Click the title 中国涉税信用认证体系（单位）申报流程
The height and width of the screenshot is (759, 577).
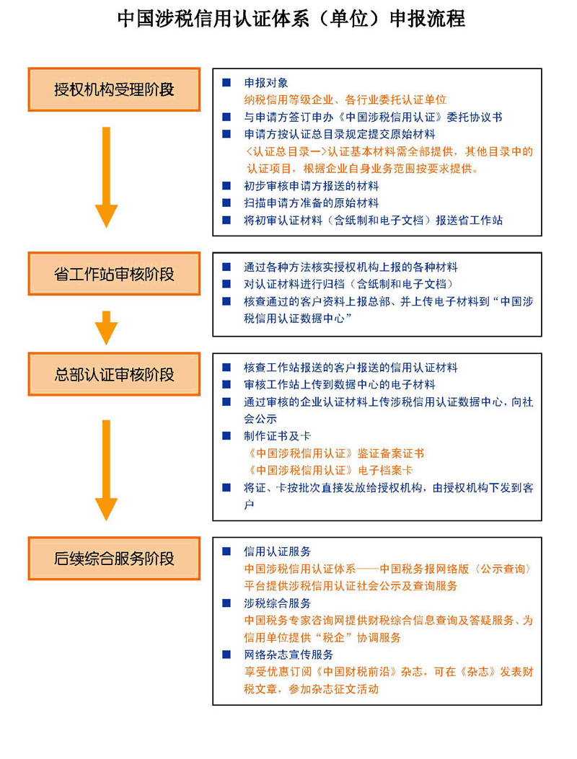[x=291, y=19]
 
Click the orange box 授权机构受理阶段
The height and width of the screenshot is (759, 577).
[x=115, y=89]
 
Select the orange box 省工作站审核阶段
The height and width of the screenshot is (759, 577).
[x=115, y=274]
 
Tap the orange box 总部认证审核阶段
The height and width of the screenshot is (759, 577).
[x=115, y=374]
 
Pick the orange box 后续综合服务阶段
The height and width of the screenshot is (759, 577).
[x=115, y=558]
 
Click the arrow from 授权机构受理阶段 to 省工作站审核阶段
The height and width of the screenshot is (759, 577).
[x=106, y=177]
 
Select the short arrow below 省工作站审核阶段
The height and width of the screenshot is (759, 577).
[x=106, y=328]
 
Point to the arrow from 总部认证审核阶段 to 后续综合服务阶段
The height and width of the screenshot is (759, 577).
[x=106, y=471]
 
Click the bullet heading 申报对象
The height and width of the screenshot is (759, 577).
[x=266, y=83]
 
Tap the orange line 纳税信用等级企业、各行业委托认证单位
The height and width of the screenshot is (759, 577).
[x=345, y=99]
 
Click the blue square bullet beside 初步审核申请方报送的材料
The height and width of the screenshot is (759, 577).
[x=226, y=185]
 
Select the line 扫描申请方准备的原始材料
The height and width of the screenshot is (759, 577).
[x=311, y=203]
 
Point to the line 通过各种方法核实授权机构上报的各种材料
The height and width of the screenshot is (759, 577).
[x=351, y=267]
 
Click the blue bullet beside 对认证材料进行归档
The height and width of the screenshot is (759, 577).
[x=226, y=284]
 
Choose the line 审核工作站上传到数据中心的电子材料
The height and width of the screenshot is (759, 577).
[x=339, y=384]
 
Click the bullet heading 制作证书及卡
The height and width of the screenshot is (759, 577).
[x=277, y=435]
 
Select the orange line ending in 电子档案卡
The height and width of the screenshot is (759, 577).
[x=330, y=470]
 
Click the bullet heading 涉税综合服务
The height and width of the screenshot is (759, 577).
[x=277, y=603]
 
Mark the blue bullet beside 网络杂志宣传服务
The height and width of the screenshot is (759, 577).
[x=226, y=654]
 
